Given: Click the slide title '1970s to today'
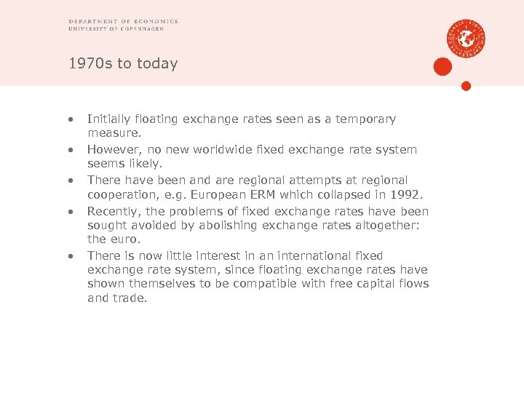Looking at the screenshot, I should pos(123,64).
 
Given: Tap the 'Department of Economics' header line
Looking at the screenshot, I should pos(123,22).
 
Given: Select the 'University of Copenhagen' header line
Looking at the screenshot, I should pos(122,29).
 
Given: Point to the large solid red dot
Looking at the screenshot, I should pos(442,67).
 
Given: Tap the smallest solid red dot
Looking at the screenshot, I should pos(467,86).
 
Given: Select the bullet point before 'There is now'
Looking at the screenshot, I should pos(71,256).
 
